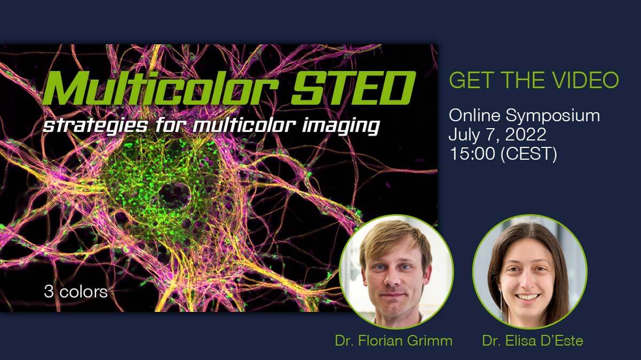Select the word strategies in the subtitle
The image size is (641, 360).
(x=95, y=126)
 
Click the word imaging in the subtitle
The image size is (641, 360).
(x=341, y=126)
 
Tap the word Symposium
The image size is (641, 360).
(x=552, y=116)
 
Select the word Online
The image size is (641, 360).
(x=474, y=115)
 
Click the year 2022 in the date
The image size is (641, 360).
(x=526, y=134)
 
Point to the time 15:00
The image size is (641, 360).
(x=472, y=153)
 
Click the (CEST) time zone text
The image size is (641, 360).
(x=528, y=154)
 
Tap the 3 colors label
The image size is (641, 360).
(x=76, y=292)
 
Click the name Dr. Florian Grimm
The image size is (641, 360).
(x=394, y=341)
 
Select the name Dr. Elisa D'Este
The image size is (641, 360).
(x=533, y=341)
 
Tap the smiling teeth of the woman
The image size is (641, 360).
(x=527, y=297)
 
